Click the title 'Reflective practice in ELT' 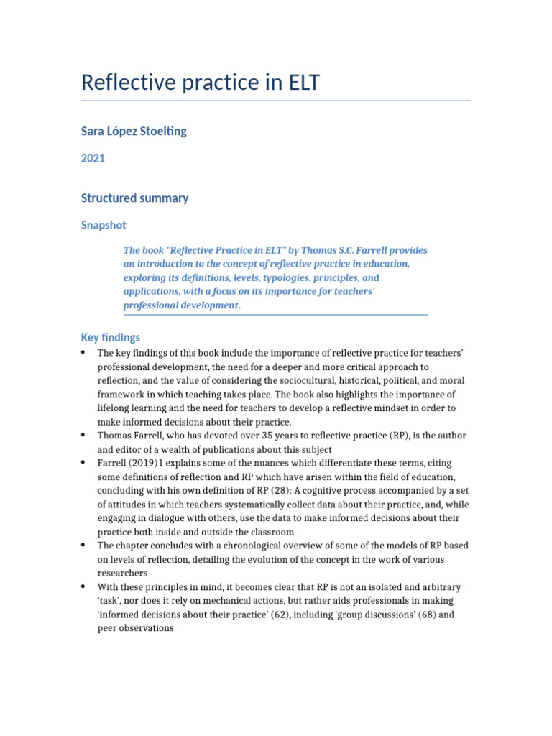[x=200, y=83]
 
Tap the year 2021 [x=93, y=158]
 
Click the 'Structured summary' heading [x=134, y=198]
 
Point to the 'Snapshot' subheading [x=103, y=225]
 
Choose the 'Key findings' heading [x=111, y=337]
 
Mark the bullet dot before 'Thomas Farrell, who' [x=83, y=436]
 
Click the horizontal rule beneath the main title [x=276, y=101]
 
